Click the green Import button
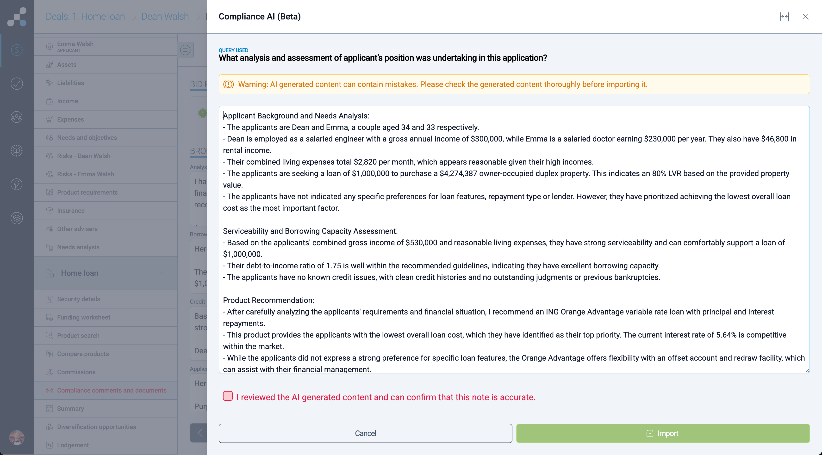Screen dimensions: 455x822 (x=663, y=433)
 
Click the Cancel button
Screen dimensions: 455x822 (x=365, y=433)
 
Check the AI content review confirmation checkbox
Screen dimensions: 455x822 (x=228, y=396)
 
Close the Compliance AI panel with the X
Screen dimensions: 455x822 (x=805, y=17)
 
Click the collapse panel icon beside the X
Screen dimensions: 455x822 (x=784, y=17)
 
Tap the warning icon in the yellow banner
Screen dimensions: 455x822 (x=229, y=84)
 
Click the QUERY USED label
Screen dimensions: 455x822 (x=233, y=50)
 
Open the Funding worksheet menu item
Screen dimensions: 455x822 (x=84, y=317)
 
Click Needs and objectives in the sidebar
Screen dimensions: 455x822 (x=87, y=138)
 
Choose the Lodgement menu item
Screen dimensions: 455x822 (x=73, y=445)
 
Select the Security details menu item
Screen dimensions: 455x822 (x=79, y=299)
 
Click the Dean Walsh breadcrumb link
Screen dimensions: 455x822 (x=165, y=17)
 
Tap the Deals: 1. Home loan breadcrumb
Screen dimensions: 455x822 (x=85, y=17)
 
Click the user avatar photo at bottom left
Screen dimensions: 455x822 (x=17, y=437)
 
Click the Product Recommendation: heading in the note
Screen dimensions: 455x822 (x=268, y=300)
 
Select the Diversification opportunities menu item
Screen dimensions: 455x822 (x=96, y=427)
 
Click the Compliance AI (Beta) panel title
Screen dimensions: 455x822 (x=259, y=17)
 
